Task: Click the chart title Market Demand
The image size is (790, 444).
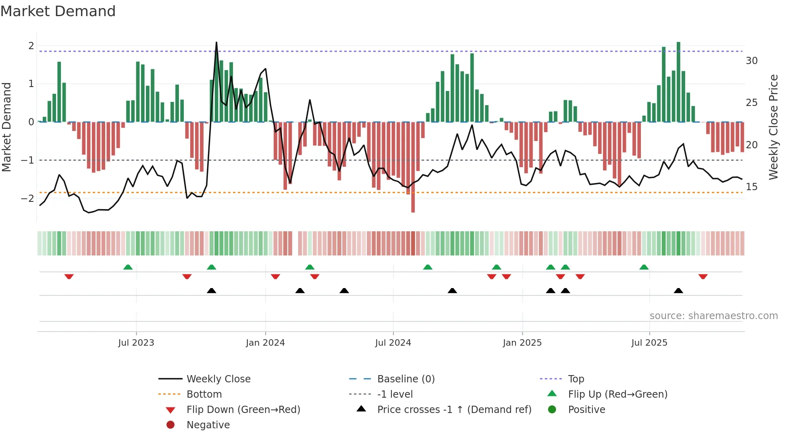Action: click(x=58, y=11)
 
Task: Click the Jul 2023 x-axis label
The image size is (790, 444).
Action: click(x=136, y=343)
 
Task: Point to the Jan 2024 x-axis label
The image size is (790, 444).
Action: click(x=265, y=343)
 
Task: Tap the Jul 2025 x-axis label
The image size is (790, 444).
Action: click(x=649, y=343)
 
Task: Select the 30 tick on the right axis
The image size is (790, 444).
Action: click(x=751, y=61)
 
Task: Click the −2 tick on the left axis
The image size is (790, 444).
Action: click(x=27, y=198)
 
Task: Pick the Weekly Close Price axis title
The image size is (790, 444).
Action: click(x=773, y=127)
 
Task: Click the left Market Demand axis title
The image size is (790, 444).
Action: click(x=7, y=127)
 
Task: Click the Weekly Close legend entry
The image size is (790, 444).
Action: click(x=218, y=379)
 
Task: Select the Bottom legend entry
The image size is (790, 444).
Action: click(x=204, y=394)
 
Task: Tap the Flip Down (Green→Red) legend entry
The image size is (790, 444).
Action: click(x=243, y=410)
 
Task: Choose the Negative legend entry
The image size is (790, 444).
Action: click(x=208, y=425)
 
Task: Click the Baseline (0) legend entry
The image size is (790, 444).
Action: click(x=406, y=379)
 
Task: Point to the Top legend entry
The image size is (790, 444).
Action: click(x=576, y=379)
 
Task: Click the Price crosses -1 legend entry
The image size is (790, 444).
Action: click(x=454, y=410)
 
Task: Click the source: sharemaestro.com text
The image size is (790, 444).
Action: click(x=713, y=316)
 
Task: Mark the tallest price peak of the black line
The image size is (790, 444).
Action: click(x=216, y=43)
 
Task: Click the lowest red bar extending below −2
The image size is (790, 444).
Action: click(x=413, y=210)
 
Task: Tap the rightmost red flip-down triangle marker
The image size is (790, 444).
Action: click(x=703, y=276)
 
